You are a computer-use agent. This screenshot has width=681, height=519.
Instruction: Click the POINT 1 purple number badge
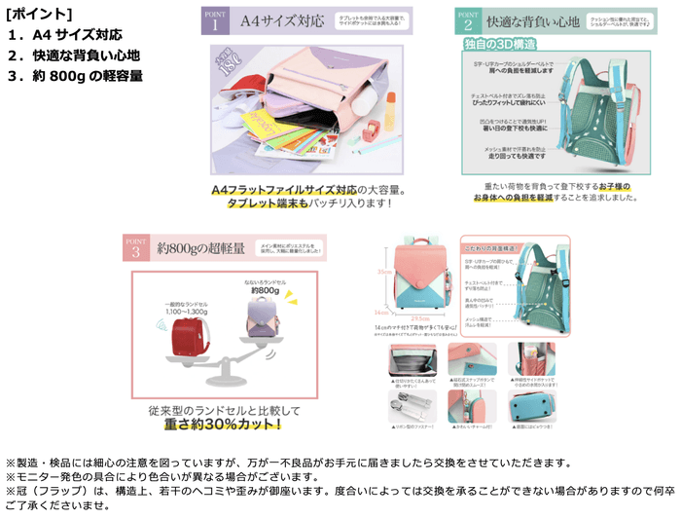pos(214,20)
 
